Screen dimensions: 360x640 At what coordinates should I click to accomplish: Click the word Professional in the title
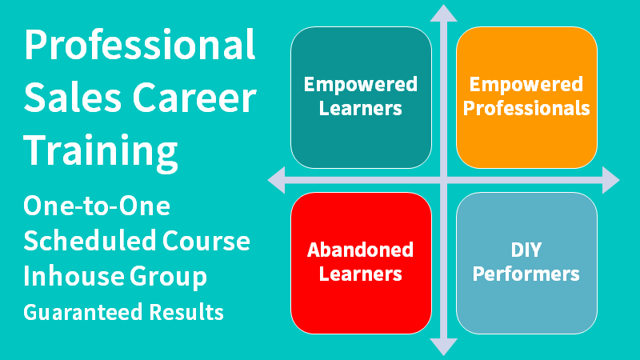coord(140,46)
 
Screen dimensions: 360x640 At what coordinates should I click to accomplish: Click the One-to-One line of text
coord(97,206)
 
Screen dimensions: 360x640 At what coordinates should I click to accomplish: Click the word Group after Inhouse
coord(168,277)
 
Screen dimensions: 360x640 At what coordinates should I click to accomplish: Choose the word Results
coord(187,312)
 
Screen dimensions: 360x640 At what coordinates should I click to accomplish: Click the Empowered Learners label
coord(361,96)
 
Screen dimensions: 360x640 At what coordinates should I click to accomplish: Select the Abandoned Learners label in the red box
coord(361,262)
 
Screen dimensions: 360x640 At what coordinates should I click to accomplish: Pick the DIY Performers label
coord(526,262)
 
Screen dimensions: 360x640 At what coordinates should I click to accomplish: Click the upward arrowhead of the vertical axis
coord(442,12)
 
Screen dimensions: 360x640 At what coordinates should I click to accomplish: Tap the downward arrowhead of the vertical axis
coord(442,346)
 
